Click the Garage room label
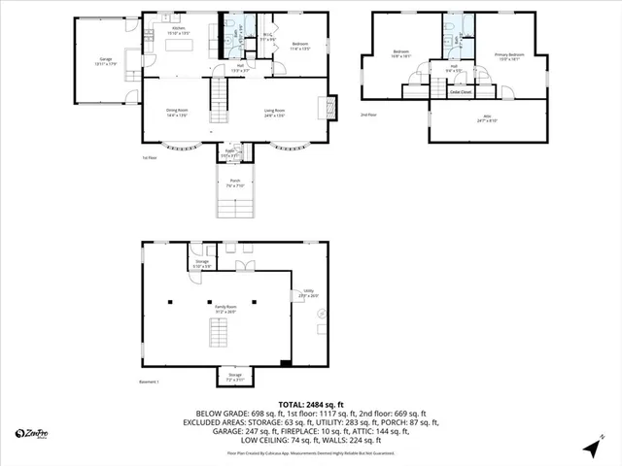(104, 61)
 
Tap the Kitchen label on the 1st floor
(179, 31)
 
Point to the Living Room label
(275, 113)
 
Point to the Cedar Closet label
(455, 92)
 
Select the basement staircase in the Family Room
(218, 335)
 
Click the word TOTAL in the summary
(294, 404)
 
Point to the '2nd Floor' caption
(368, 115)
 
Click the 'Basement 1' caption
(149, 383)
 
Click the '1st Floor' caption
(150, 156)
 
